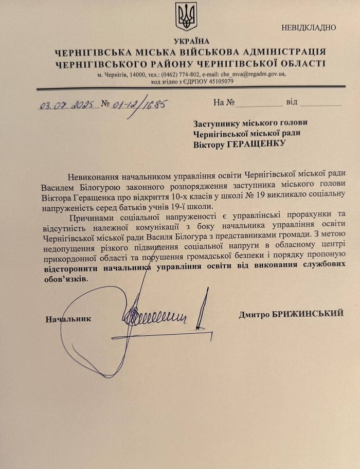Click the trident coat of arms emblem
[x=186, y=16]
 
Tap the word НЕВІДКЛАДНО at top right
[x=308, y=27]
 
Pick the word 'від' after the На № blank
[x=292, y=102]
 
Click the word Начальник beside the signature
[x=68, y=318]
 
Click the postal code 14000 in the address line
[x=140, y=74]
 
